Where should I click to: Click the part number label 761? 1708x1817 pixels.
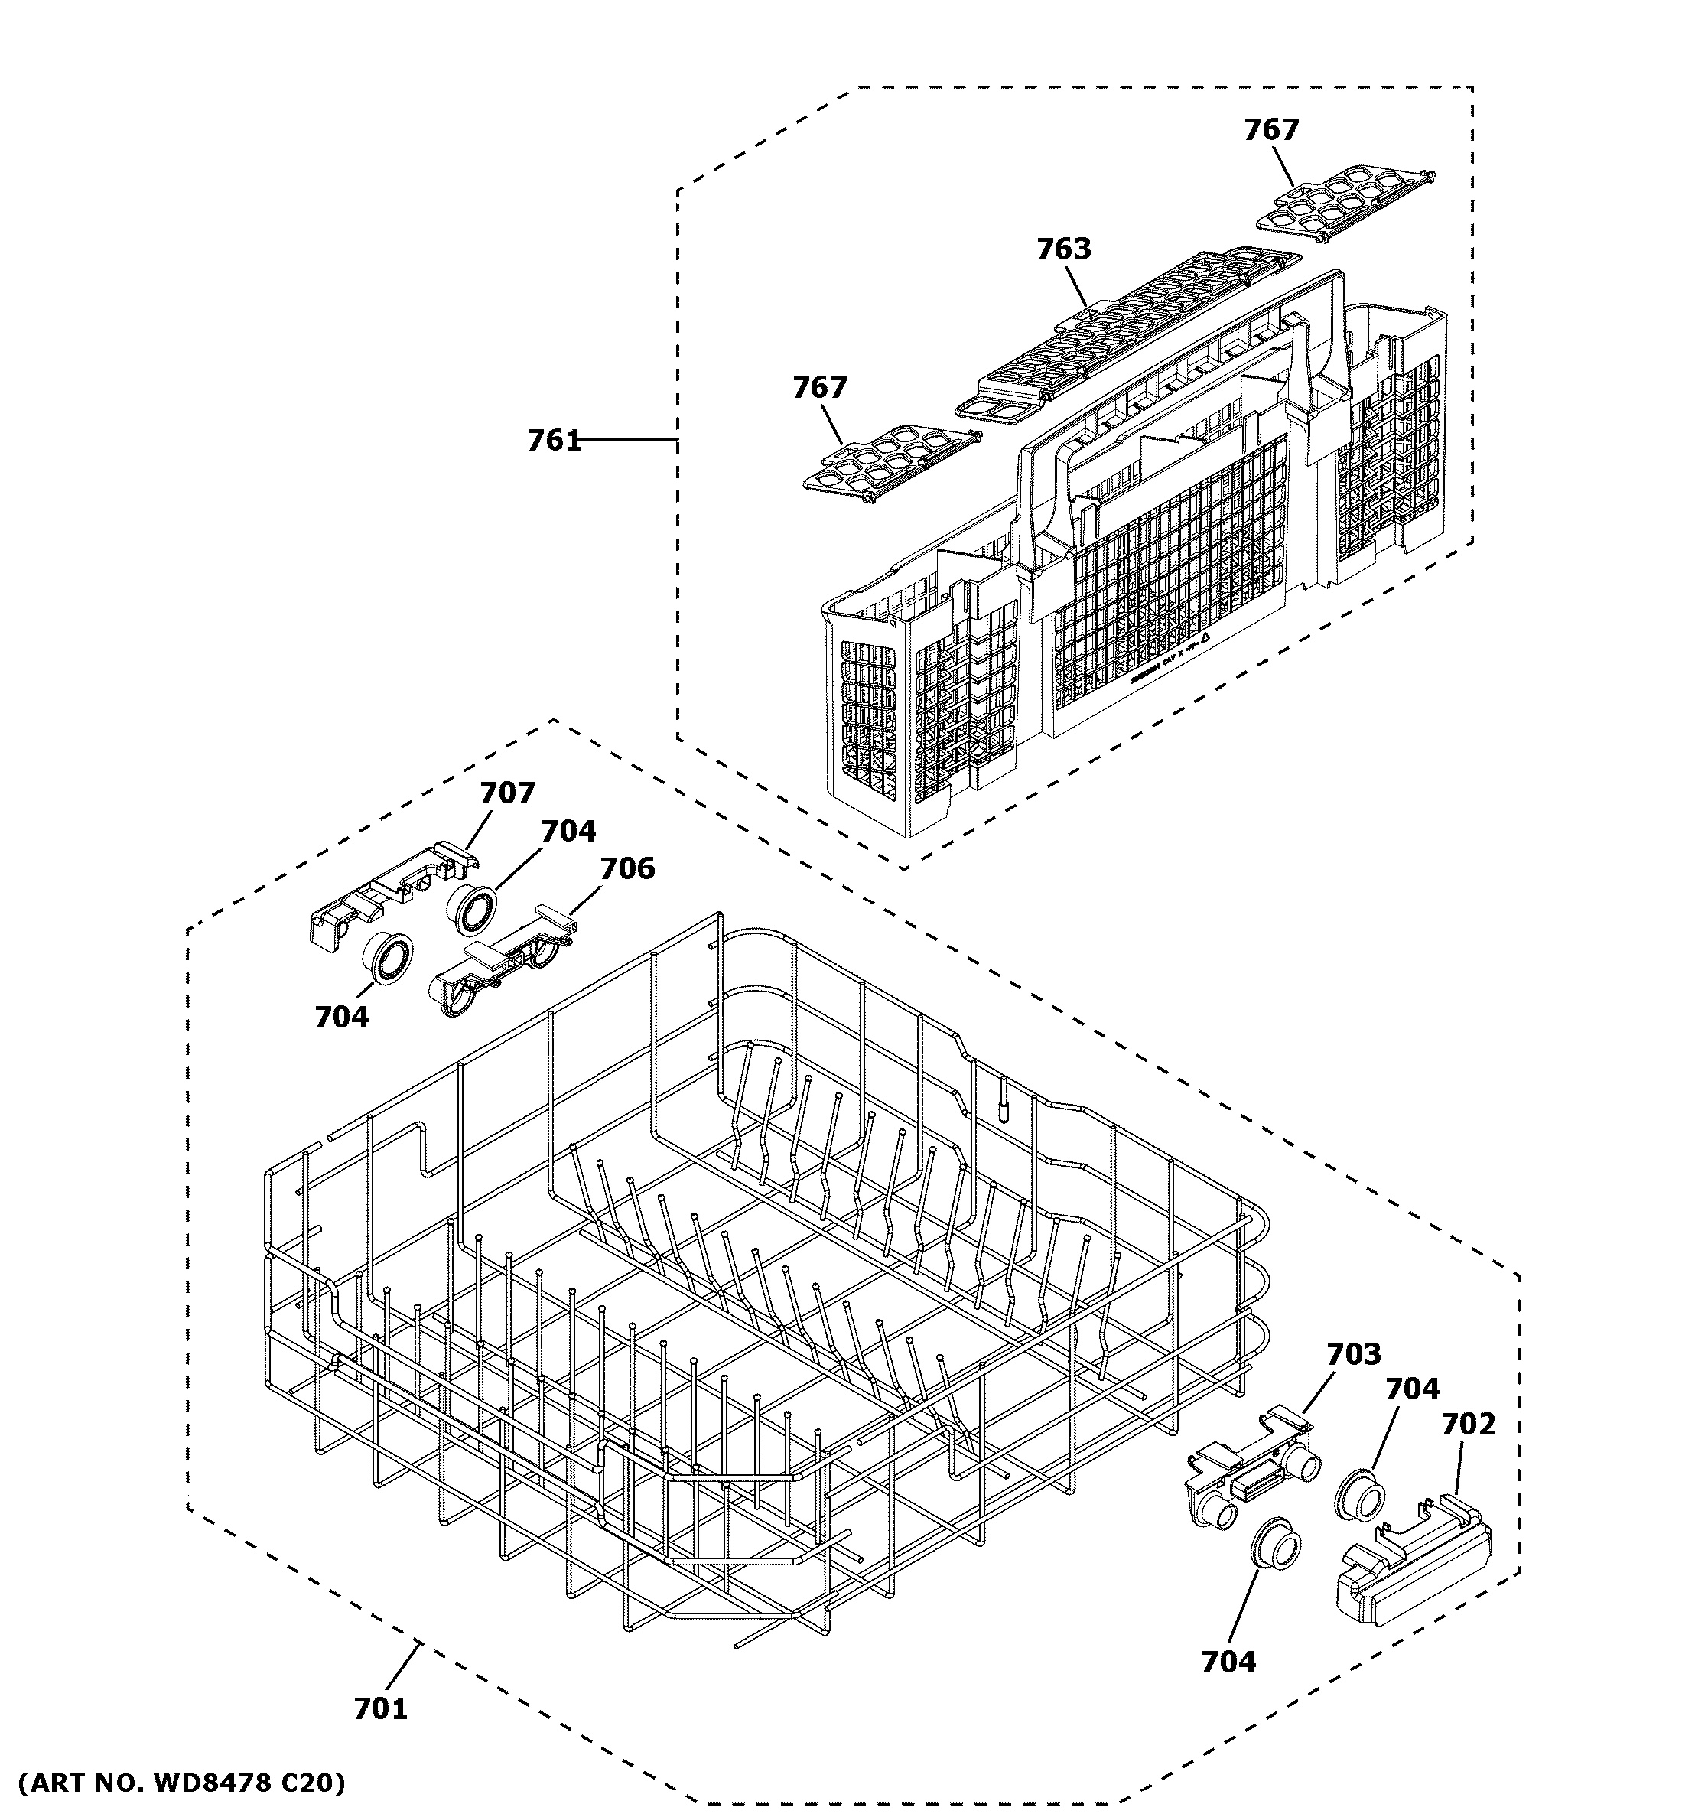(x=554, y=441)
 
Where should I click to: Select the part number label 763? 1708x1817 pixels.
(x=1064, y=249)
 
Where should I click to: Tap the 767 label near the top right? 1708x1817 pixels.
(x=1270, y=130)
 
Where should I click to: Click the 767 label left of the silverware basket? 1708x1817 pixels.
(x=820, y=388)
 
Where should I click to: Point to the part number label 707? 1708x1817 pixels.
(x=507, y=793)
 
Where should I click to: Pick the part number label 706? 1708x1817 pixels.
(x=627, y=868)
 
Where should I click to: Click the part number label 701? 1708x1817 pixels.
(x=380, y=1708)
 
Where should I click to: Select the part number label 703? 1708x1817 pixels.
(x=1353, y=1353)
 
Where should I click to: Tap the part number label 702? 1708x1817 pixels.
(x=1469, y=1424)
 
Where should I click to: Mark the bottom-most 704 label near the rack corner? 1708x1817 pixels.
(x=1228, y=1662)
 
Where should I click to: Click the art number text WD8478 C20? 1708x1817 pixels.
(x=183, y=1783)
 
